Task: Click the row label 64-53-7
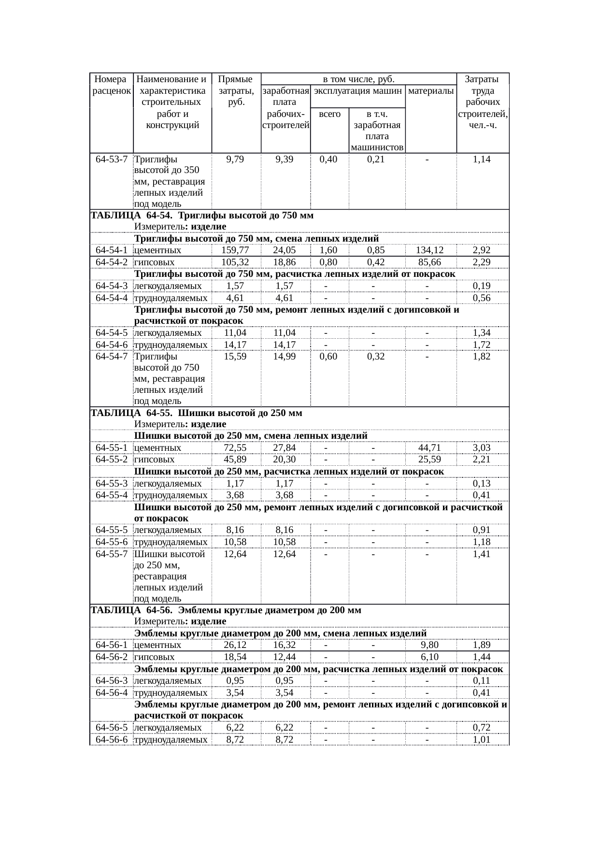coord(112,159)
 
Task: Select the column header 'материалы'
coord(430,90)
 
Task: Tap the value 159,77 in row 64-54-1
coord(236,250)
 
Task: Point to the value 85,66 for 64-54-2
coord(429,262)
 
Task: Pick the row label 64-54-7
coord(112,357)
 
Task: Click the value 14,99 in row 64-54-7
coord(285,357)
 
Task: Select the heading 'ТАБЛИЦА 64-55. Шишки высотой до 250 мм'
coord(197,413)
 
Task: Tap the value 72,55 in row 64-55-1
coord(235,448)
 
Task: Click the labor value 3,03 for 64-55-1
coord(482,448)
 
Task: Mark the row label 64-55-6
coord(112,542)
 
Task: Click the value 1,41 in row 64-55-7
coord(482,554)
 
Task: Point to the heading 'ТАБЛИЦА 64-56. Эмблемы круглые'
coord(226,610)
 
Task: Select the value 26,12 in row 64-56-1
coord(235,645)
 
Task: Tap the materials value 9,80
coord(429,645)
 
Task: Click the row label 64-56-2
coord(112,657)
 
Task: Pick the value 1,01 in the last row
coord(482,740)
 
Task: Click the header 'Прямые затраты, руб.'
coord(235,90)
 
